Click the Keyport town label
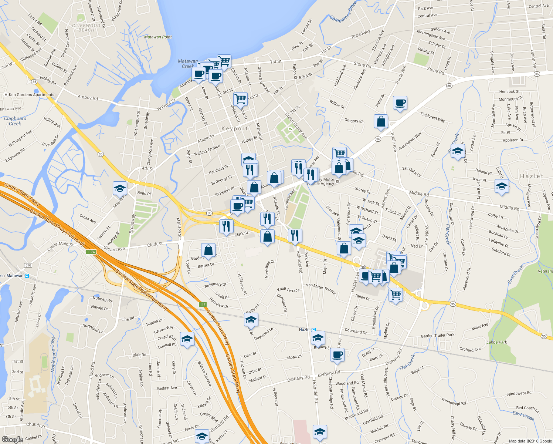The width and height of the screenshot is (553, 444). (234, 129)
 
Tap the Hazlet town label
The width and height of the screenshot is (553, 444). (532, 176)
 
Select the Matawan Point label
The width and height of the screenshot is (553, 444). (158, 37)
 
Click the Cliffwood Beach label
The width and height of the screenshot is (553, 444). (86, 28)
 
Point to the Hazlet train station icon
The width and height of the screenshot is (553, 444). (313, 329)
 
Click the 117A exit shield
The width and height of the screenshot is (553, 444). (91, 252)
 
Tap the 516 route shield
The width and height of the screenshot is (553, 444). (28, 265)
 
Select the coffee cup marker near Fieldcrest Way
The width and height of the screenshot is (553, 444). (400, 103)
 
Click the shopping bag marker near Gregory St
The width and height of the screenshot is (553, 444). (381, 121)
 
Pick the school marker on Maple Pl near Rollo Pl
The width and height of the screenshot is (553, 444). (120, 188)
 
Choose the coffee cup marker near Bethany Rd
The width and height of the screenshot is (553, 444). (337, 354)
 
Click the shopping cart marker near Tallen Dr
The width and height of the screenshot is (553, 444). (396, 295)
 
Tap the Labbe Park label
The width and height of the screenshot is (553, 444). (496, 342)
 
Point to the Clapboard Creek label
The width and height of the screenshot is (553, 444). (15, 121)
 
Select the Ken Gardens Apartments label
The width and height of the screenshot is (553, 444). (31, 95)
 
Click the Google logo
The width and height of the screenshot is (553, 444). (12, 439)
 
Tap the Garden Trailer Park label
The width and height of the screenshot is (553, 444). (438, 336)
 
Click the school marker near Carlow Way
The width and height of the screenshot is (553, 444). (187, 339)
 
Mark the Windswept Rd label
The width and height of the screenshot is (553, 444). (519, 393)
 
